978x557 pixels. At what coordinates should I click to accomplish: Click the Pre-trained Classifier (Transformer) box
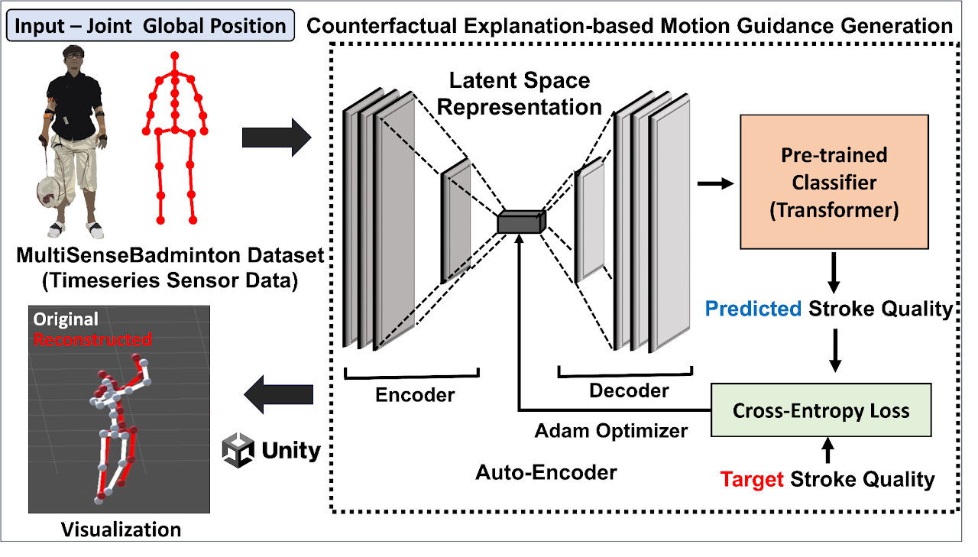click(834, 182)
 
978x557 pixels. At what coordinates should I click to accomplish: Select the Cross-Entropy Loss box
click(821, 410)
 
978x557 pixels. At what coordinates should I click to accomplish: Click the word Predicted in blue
click(753, 309)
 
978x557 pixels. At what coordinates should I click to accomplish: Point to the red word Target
click(752, 479)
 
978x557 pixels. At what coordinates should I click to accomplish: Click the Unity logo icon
click(238, 450)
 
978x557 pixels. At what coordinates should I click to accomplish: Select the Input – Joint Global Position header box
click(151, 26)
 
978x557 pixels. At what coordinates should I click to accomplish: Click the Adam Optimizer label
click(610, 431)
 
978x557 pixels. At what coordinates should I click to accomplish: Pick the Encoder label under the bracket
click(415, 395)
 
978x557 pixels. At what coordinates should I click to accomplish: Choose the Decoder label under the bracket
click(629, 390)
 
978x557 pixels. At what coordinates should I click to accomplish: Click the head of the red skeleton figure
click(175, 57)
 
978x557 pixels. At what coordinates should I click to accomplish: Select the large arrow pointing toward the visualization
click(278, 395)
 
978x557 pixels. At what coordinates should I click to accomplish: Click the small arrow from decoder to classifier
click(715, 183)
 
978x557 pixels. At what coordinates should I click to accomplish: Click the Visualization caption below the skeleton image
click(121, 529)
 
